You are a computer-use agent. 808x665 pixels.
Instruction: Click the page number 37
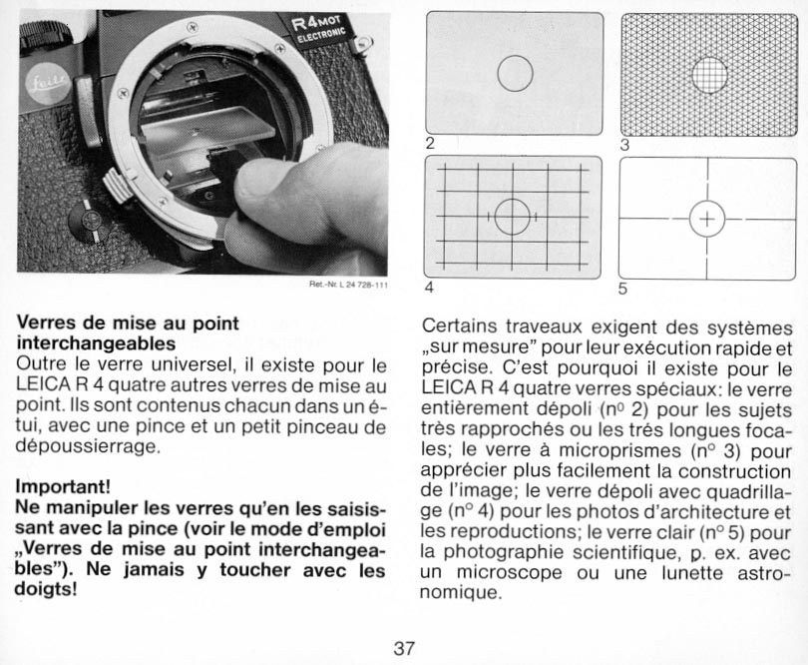(403, 647)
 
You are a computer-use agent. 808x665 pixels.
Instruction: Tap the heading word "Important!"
(63, 487)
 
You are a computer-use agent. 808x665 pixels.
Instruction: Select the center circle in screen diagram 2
(515, 73)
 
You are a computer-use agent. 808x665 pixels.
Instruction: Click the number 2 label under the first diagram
(430, 143)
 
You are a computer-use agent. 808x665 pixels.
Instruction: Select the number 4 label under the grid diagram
(429, 289)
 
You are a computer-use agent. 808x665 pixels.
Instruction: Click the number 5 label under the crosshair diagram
(623, 290)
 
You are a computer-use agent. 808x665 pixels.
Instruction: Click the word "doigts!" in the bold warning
(47, 588)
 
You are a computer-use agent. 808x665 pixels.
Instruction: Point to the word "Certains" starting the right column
(462, 327)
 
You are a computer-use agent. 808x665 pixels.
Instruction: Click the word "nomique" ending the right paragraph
(459, 592)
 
